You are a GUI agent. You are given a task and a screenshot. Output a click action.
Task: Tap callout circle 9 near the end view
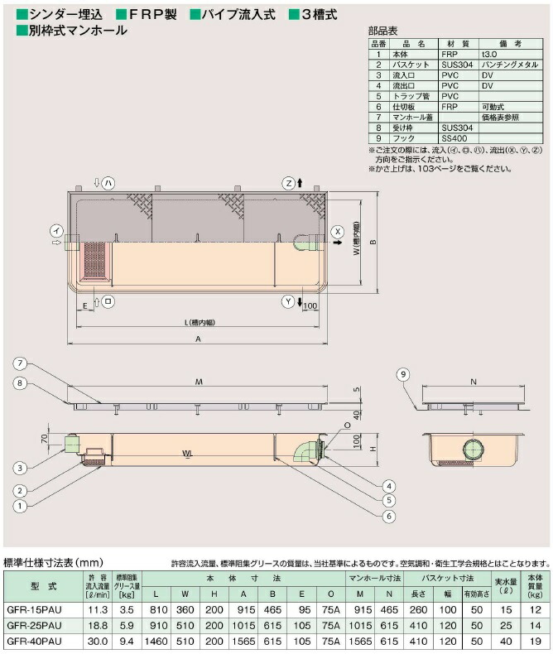coord(403,375)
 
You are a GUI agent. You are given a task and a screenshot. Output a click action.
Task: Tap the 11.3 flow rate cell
coord(98,608)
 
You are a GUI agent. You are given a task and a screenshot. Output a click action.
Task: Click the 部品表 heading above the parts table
coord(382,30)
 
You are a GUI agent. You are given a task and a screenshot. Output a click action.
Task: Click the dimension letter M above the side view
coord(199,382)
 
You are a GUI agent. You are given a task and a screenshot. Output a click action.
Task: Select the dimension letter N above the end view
coord(473,382)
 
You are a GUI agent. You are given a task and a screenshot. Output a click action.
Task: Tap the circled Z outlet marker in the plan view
coord(288,182)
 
